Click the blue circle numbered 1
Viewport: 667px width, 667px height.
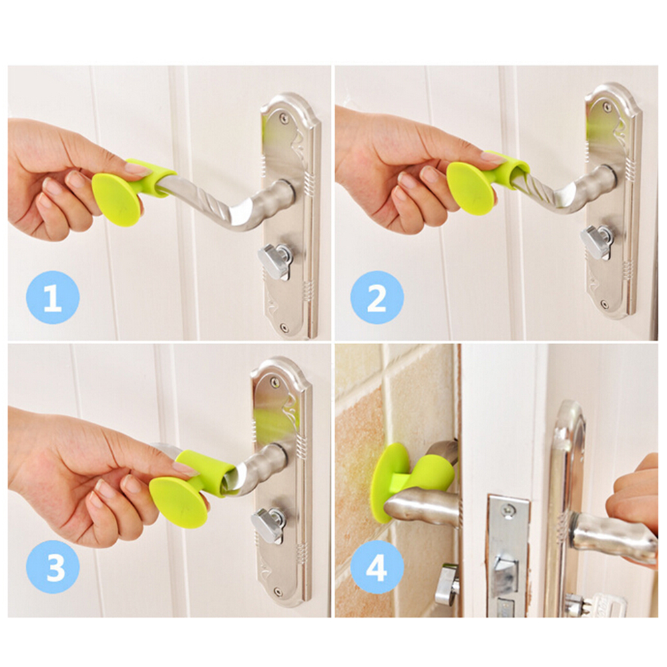coord(53,298)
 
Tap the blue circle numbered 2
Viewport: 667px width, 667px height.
coord(377,298)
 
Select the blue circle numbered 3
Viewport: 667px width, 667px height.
coord(53,567)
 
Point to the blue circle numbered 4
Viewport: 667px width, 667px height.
coord(377,567)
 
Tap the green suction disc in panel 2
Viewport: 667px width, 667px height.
coord(471,188)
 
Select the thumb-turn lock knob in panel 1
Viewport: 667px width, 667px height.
coord(275,260)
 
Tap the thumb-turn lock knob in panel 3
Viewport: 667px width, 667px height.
coord(268,525)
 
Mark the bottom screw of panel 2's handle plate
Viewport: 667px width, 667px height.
coord(604,305)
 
